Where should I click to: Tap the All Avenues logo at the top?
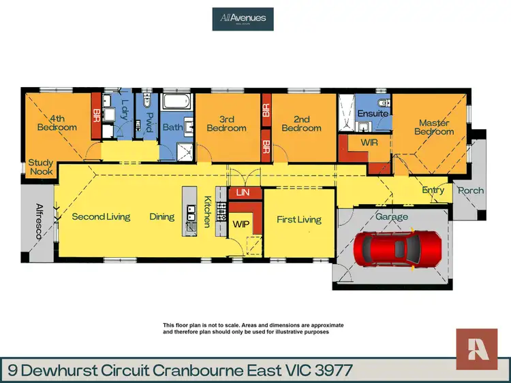click(243, 18)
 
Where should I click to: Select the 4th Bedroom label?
click(57, 122)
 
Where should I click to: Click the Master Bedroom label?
click(433, 127)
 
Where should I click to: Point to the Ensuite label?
click(373, 114)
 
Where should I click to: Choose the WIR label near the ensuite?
click(369, 144)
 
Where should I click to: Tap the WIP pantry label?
click(241, 222)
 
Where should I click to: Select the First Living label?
click(298, 219)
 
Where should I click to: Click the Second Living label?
click(101, 217)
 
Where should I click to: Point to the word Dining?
click(162, 217)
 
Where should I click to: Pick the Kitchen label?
click(206, 211)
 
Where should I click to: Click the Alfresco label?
click(40, 221)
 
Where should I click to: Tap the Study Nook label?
click(41, 168)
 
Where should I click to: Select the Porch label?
click(470, 190)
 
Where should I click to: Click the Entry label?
click(433, 190)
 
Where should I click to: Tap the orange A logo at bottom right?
click(476, 349)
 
